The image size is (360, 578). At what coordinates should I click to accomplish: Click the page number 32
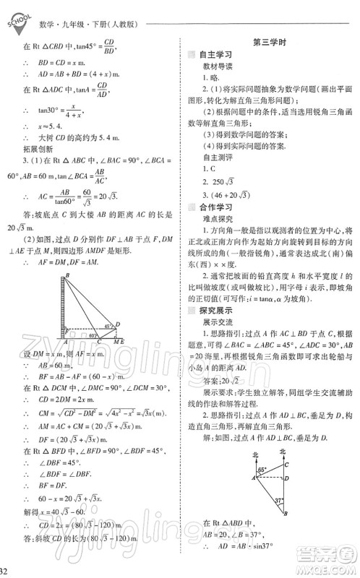[5, 571]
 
